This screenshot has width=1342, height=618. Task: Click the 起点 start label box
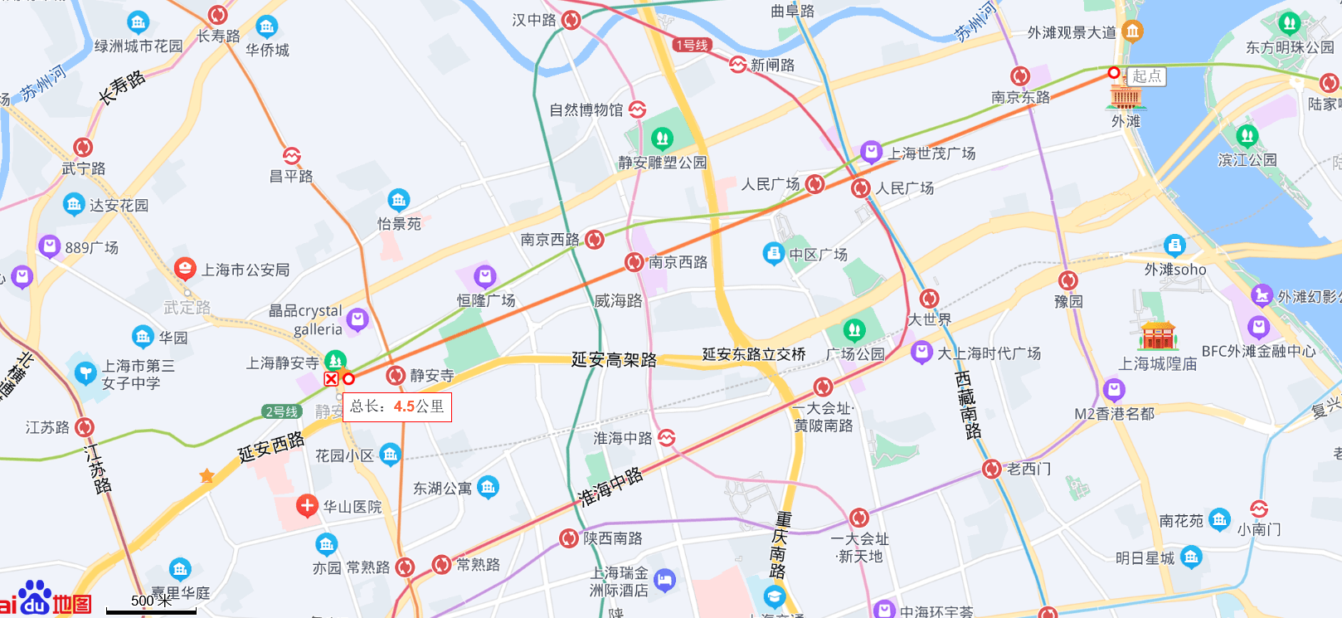pyautogui.click(x=1147, y=76)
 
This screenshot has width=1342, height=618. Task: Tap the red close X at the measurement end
pyautogui.click(x=331, y=379)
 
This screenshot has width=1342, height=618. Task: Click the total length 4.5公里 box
pyautogui.click(x=397, y=406)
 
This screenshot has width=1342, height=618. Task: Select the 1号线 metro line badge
pyautogui.click(x=691, y=45)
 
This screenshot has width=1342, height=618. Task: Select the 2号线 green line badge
pyautogui.click(x=281, y=411)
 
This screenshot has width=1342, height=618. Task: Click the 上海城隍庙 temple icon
pyautogui.click(x=1159, y=336)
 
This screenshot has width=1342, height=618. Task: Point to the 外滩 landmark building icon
pyautogui.click(x=1126, y=97)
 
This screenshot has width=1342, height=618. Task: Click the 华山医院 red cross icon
pyautogui.click(x=307, y=505)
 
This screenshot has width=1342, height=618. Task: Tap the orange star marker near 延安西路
pyautogui.click(x=207, y=475)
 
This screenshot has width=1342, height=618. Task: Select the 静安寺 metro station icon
pyautogui.click(x=396, y=376)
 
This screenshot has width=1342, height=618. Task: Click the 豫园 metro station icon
pyautogui.click(x=1068, y=280)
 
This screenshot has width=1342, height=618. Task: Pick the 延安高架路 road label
pyautogui.click(x=614, y=359)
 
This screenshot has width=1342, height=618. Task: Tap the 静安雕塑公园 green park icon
pyautogui.click(x=662, y=138)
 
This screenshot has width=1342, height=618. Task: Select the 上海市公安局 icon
pyautogui.click(x=185, y=269)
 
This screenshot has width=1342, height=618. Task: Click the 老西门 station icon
pyautogui.click(x=991, y=469)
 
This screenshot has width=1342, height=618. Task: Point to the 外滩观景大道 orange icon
pyautogui.click(x=1132, y=32)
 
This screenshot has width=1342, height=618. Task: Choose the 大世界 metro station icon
pyautogui.click(x=929, y=299)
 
